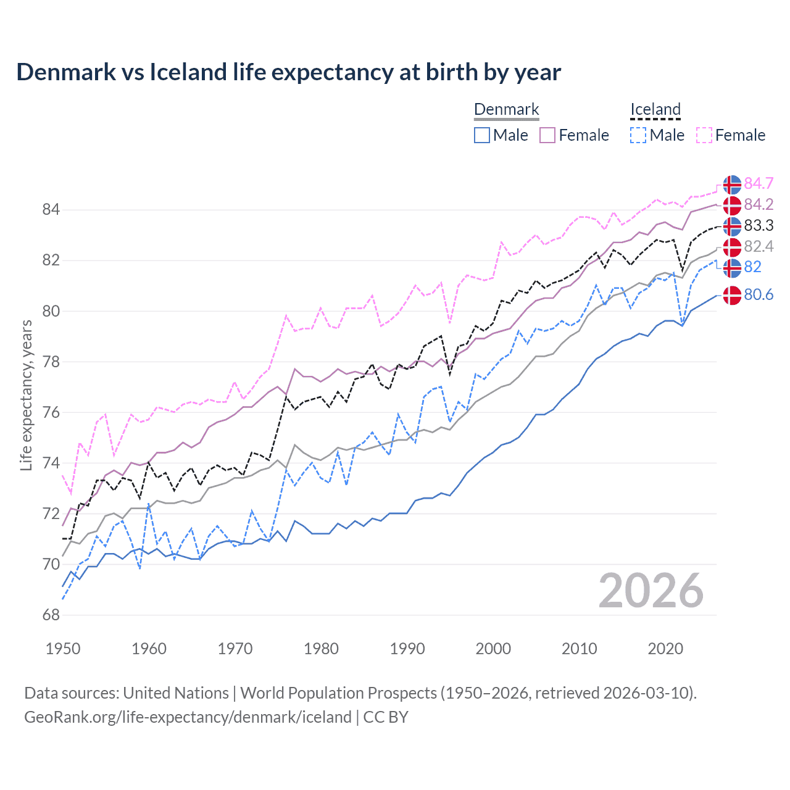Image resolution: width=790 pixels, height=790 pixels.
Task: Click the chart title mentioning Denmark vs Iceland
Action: [288, 72]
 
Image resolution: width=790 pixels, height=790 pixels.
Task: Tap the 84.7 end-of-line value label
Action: [759, 183]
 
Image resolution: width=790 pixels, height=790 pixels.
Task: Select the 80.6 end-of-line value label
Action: [759, 294]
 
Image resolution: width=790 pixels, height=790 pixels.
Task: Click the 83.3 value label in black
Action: [759, 225]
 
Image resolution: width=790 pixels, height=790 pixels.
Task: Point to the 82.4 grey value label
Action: [759, 246]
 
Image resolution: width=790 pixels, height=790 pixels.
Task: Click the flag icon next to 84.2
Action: [732, 205]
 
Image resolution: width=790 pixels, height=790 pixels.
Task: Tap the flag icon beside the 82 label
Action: [732, 268]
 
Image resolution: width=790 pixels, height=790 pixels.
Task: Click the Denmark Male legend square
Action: [482, 135]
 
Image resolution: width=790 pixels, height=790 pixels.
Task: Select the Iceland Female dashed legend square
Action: [704, 135]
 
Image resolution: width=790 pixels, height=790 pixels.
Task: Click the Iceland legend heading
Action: [655, 109]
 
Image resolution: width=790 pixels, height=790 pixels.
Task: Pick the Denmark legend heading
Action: [506, 109]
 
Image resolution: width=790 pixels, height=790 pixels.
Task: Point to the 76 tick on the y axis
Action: [51, 412]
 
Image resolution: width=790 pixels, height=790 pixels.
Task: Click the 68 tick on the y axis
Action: [51, 615]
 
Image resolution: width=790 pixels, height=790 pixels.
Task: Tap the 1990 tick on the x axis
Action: [407, 649]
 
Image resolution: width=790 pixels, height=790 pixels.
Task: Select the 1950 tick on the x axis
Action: [63, 649]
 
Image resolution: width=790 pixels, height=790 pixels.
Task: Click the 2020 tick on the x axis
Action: [665, 649]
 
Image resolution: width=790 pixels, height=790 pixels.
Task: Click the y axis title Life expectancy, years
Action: [26, 395]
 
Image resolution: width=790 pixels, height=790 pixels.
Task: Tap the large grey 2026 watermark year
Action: [651, 591]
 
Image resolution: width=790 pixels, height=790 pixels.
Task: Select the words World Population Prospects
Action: [338, 692]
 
